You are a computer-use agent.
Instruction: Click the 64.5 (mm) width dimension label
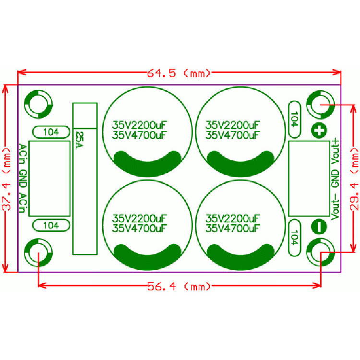point(179,73)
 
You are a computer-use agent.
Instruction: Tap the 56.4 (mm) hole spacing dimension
point(179,287)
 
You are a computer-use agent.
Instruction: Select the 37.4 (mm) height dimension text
point(6,179)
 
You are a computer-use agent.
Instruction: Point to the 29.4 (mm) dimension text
point(354,179)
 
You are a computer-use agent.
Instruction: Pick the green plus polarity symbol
point(319,131)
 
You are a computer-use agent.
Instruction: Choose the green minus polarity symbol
point(319,227)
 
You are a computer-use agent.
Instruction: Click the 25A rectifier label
point(80,140)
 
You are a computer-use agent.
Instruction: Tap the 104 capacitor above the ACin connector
point(51,132)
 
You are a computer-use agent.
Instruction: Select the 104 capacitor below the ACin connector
point(51,226)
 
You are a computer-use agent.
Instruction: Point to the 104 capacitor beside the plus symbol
point(294,120)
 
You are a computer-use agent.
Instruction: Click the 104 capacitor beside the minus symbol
point(294,238)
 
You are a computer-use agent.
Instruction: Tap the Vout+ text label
point(336,151)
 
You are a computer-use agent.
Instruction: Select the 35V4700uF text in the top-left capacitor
point(139,135)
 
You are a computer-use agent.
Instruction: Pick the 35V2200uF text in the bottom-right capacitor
point(232,218)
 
